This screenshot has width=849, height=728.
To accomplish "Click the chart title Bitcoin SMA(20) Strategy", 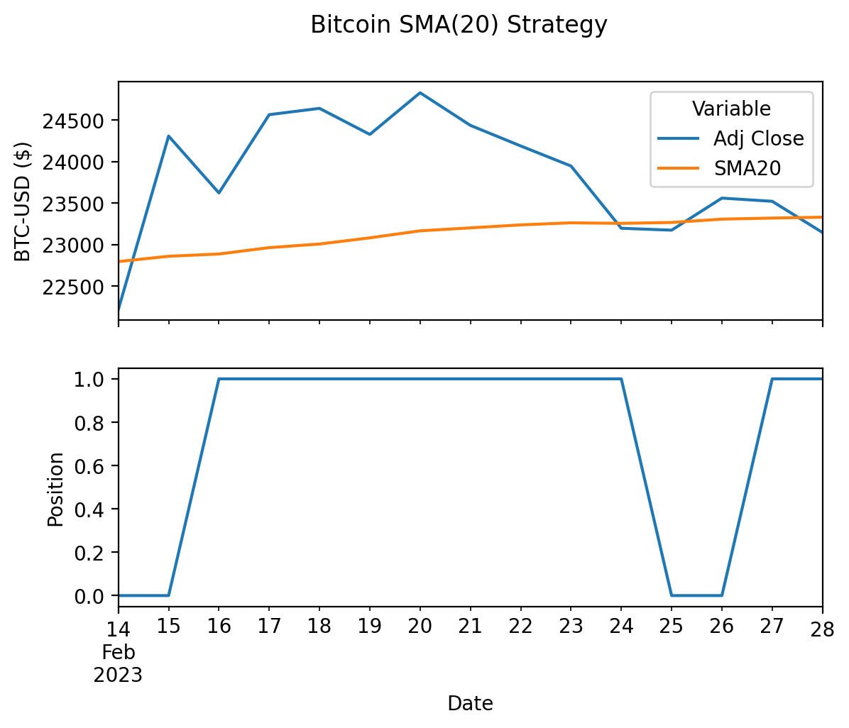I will (x=459, y=26).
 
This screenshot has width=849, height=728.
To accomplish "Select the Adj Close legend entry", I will (x=758, y=138).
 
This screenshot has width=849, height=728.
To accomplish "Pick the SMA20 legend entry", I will (x=747, y=168).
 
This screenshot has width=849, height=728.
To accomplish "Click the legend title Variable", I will (x=731, y=109).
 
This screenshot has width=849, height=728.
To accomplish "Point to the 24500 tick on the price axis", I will (x=74, y=121).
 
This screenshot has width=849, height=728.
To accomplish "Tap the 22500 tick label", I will (x=74, y=287).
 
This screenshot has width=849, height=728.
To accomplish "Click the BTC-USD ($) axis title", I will (x=23, y=202).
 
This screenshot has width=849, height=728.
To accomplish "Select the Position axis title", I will (x=55, y=489).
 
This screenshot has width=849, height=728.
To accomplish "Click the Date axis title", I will (x=470, y=703).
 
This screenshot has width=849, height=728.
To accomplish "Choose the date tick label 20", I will (x=420, y=627).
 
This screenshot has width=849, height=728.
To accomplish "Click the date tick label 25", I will (x=671, y=627).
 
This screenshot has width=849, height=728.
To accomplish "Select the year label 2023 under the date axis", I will (x=119, y=675).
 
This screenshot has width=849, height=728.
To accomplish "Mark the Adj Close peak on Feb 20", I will (x=420, y=93).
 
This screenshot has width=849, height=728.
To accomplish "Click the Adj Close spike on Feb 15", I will (x=168, y=136).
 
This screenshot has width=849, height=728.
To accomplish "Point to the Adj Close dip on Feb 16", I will (x=219, y=193).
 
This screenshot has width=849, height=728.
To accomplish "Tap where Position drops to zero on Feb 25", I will (x=672, y=595).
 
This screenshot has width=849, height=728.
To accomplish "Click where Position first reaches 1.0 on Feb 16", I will (x=219, y=379).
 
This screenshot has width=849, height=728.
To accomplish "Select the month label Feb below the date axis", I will (x=119, y=651).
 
